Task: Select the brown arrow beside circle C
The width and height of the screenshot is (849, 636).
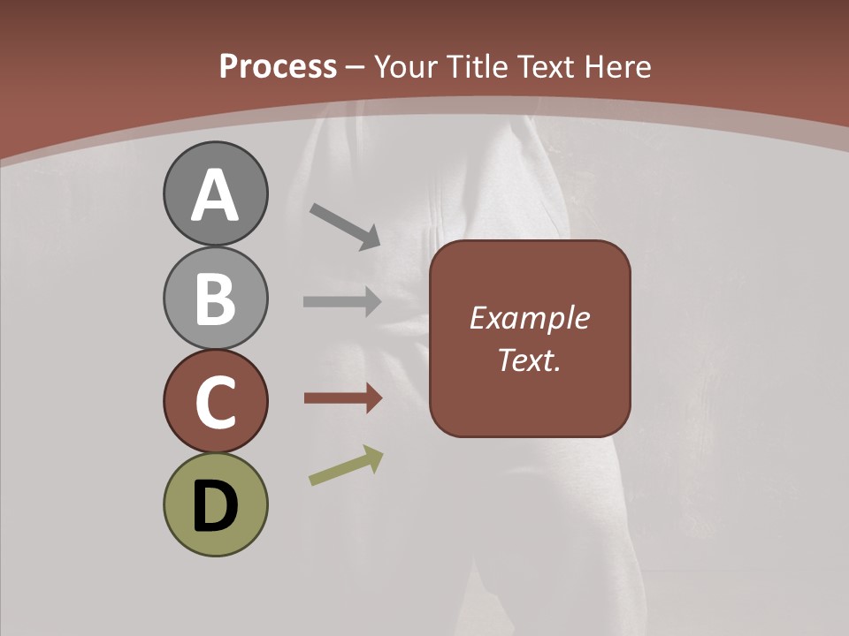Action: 342,398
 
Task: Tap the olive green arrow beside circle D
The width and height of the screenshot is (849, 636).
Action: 346,466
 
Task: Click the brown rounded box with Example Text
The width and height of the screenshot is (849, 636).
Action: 530,338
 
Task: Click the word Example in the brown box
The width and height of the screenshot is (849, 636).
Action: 529,318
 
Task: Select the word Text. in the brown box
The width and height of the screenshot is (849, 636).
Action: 529,360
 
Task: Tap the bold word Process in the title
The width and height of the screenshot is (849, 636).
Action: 278,66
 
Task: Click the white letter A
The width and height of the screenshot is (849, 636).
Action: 215,196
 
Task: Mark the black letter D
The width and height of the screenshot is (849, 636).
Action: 215,507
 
